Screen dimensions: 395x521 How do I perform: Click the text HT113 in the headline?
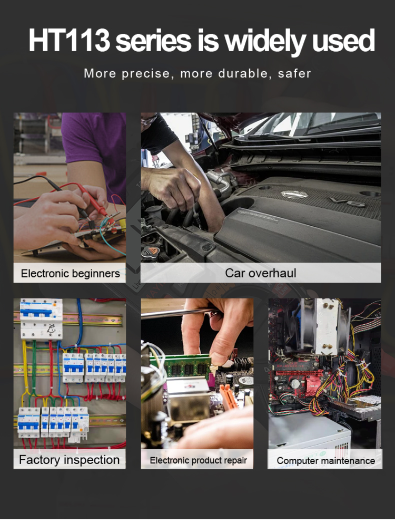pyautogui.click(x=69, y=40)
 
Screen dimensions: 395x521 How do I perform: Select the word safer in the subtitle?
pyautogui.click(x=294, y=73)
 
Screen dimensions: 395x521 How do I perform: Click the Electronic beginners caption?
pyautogui.click(x=70, y=273)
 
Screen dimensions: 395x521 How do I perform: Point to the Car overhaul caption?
pyautogui.click(x=261, y=273)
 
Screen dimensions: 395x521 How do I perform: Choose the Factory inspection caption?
pyautogui.click(x=69, y=460)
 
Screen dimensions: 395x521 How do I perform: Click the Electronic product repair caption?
pyautogui.click(x=198, y=460)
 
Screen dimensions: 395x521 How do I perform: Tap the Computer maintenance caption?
pyautogui.click(x=325, y=460)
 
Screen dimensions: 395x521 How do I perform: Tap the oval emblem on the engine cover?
pyautogui.click(x=294, y=195)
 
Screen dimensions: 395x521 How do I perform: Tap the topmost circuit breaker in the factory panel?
pyautogui.click(x=41, y=319)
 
